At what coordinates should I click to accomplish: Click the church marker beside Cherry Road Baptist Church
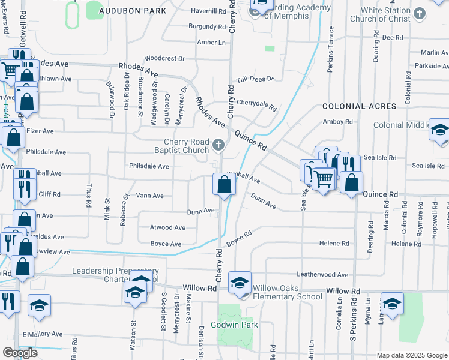[218, 145]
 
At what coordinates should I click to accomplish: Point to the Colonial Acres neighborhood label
[359, 106]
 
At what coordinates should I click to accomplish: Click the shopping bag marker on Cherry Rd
[224, 184]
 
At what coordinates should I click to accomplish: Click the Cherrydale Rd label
[256, 105]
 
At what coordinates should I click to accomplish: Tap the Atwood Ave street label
[167, 228]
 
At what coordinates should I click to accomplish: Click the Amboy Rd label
[337, 122]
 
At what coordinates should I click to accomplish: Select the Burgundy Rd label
[206, 27]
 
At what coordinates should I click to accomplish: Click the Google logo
[20, 353]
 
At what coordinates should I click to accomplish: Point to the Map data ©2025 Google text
[412, 355]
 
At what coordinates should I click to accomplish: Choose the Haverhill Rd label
[207, 11]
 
